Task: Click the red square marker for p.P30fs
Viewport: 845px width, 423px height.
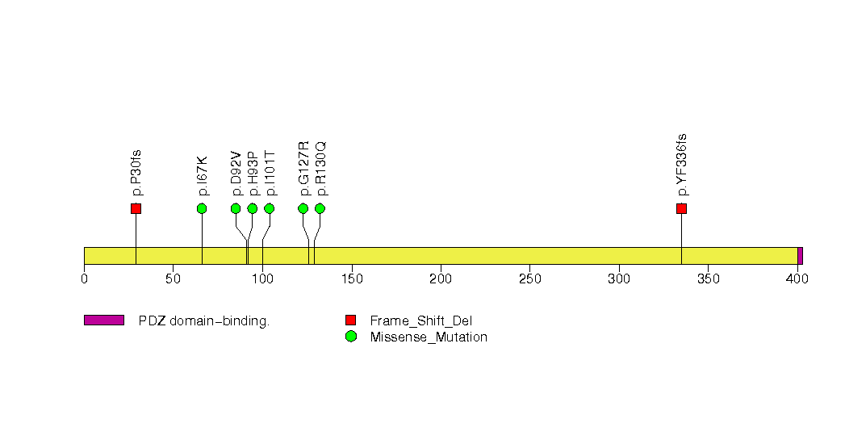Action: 136,208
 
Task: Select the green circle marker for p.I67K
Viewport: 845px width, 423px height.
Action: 202,208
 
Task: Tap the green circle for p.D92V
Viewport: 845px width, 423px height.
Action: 236,208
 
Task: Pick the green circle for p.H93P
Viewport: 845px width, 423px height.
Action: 253,208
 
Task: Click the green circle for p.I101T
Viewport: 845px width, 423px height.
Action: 270,208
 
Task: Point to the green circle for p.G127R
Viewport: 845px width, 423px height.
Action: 303,208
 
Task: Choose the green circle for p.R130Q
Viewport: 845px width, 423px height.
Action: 320,208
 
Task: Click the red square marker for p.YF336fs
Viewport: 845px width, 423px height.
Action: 681,208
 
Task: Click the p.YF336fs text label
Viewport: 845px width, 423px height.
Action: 682,165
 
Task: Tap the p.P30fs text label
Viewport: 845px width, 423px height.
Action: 136,173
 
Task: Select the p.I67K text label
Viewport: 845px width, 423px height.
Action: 203,176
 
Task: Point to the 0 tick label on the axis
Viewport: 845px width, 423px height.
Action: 84,279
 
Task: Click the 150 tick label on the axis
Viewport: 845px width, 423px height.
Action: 351,279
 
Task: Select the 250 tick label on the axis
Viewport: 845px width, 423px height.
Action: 529,279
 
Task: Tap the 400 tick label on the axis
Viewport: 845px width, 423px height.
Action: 797,279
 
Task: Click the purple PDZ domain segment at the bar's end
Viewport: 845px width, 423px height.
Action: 800,255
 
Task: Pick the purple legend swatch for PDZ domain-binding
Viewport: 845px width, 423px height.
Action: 103,320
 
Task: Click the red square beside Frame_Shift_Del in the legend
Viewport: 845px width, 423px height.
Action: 350,320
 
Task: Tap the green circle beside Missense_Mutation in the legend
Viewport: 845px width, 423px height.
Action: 350,337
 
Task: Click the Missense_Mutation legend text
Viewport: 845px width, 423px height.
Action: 429,337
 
